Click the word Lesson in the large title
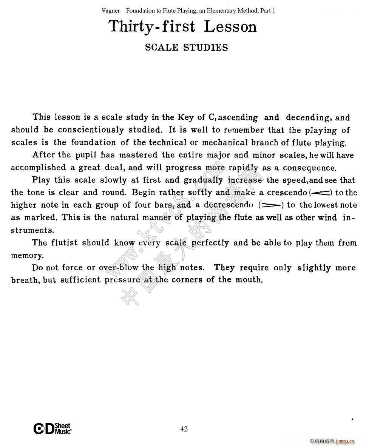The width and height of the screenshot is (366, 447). [230, 26]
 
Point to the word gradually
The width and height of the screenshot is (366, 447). [203, 180]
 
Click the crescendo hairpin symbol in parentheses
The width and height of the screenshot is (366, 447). [320, 193]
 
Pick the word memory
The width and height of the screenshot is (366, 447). [28, 256]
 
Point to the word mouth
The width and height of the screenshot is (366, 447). [248, 280]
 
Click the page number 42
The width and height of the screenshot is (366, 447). [184, 429]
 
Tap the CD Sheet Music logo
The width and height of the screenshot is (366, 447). [53, 429]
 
